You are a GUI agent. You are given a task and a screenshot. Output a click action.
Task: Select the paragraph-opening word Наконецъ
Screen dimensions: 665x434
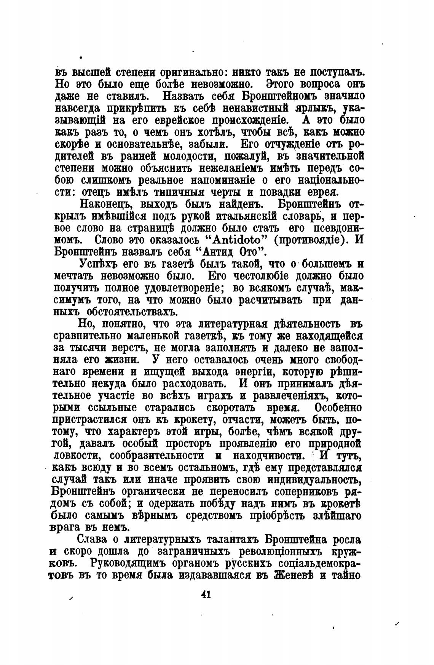[x=104, y=204]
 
